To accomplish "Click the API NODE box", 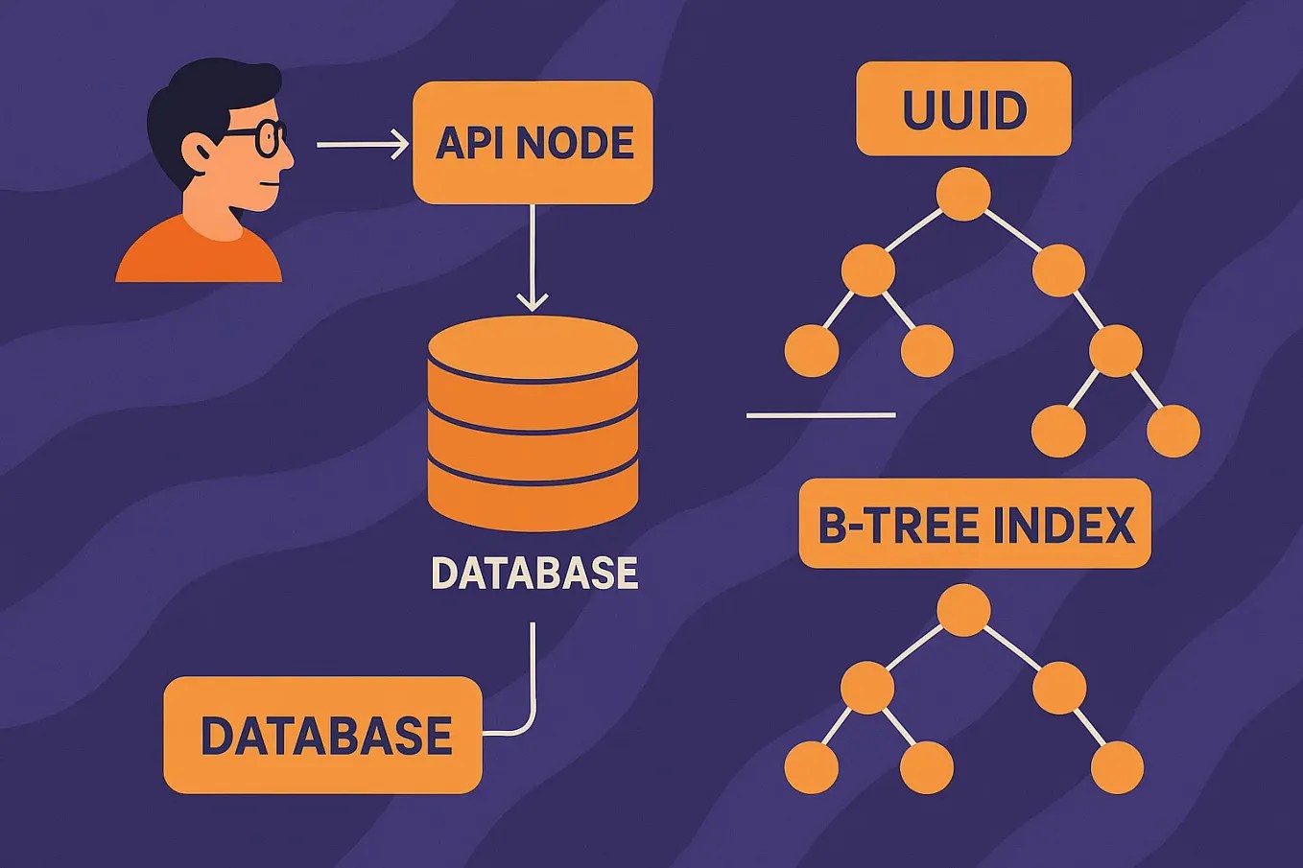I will click(533, 142).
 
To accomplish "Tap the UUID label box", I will click(963, 108).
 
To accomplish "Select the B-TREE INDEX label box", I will click(975, 524).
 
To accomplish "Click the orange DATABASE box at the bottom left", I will click(322, 735).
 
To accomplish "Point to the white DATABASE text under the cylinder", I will click(534, 573).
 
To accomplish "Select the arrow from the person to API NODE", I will click(362, 145).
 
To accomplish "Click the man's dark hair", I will click(206, 96).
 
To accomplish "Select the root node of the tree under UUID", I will click(963, 194).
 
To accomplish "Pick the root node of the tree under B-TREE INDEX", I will click(963, 610).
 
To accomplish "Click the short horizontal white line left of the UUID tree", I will click(820, 415).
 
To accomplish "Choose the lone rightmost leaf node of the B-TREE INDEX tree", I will click(1117, 767).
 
